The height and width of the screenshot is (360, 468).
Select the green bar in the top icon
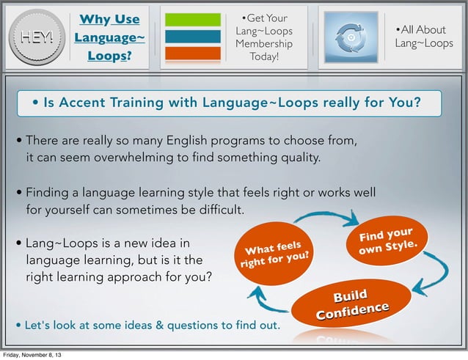coord(193,20)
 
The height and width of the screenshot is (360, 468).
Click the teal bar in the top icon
coord(193,36)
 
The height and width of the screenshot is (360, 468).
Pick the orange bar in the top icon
coord(193,53)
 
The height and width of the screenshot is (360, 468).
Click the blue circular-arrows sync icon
coord(351,37)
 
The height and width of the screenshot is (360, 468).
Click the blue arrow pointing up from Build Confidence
coord(263,300)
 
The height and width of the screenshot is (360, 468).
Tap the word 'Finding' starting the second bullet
coord(46,194)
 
